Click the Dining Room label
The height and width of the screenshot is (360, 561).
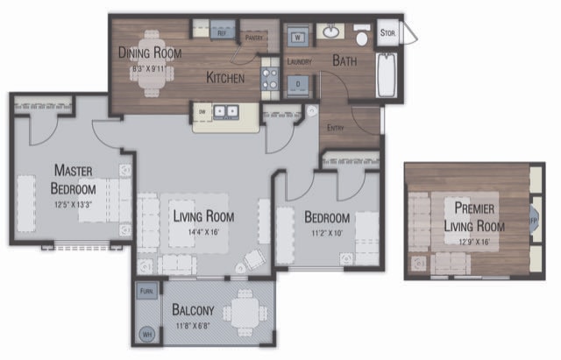click(x=150, y=53)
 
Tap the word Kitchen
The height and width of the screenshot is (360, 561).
click(x=224, y=78)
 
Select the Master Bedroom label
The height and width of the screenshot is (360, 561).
click(x=73, y=178)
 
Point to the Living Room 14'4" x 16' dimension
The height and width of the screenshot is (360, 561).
click(x=202, y=232)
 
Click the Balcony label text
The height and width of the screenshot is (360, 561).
click(x=193, y=310)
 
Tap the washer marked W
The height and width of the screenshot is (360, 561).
click(x=298, y=38)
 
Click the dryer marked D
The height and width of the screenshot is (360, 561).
click(x=298, y=85)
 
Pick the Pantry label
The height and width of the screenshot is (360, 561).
click(x=257, y=38)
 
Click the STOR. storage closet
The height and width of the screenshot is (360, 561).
click(x=387, y=33)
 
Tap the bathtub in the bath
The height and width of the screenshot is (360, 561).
click(x=387, y=76)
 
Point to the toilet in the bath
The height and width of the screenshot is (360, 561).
click(x=362, y=38)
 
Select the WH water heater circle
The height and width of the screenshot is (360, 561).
click(x=146, y=334)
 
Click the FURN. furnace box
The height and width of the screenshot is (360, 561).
click(x=146, y=291)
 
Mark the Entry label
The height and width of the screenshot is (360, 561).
click(x=336, y=128)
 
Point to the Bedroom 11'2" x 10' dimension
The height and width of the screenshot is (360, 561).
click(x=327, y=232)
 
